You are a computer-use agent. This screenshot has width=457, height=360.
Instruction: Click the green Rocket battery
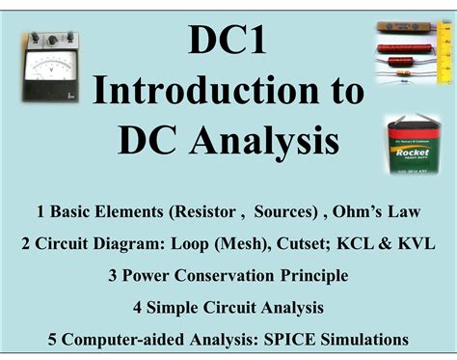(413, 144)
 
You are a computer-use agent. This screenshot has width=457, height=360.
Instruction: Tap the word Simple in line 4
(176, 308)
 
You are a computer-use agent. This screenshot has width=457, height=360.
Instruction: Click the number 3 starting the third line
(113, 275)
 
